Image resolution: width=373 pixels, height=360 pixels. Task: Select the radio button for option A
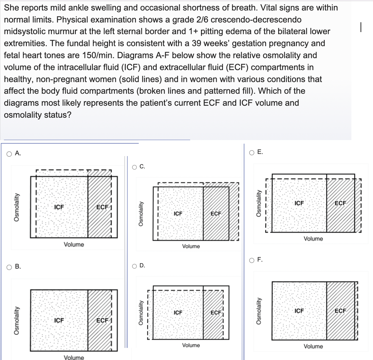[x=9, y=153]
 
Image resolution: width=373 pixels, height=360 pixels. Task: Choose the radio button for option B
[x=9, y=267]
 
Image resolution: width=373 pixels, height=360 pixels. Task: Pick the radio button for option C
[x=134, y=167]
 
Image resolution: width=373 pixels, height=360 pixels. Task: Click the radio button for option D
[x=134, y=266]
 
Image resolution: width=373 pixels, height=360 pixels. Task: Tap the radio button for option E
[x=252, y=152]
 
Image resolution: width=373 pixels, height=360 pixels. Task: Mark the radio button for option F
[x=252, y=260]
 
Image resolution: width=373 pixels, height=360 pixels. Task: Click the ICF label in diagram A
[x=59, y=207]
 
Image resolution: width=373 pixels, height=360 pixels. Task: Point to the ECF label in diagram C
[x=216, y=213]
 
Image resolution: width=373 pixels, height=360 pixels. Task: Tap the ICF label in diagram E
[x=299, y=203]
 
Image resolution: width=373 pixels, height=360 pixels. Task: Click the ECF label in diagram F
[x=340, y=311]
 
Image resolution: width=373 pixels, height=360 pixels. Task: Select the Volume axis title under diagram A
[x=74, y=244]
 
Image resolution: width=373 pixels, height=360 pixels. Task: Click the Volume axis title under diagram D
[x=191, y=345]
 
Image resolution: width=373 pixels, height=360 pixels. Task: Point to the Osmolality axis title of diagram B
[x=15, y=320]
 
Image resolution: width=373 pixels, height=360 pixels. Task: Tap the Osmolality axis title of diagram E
[x=258, y=203]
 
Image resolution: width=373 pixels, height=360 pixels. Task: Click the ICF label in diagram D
[x=178, y=313]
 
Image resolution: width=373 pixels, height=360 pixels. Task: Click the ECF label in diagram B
[x=102, y=320]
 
